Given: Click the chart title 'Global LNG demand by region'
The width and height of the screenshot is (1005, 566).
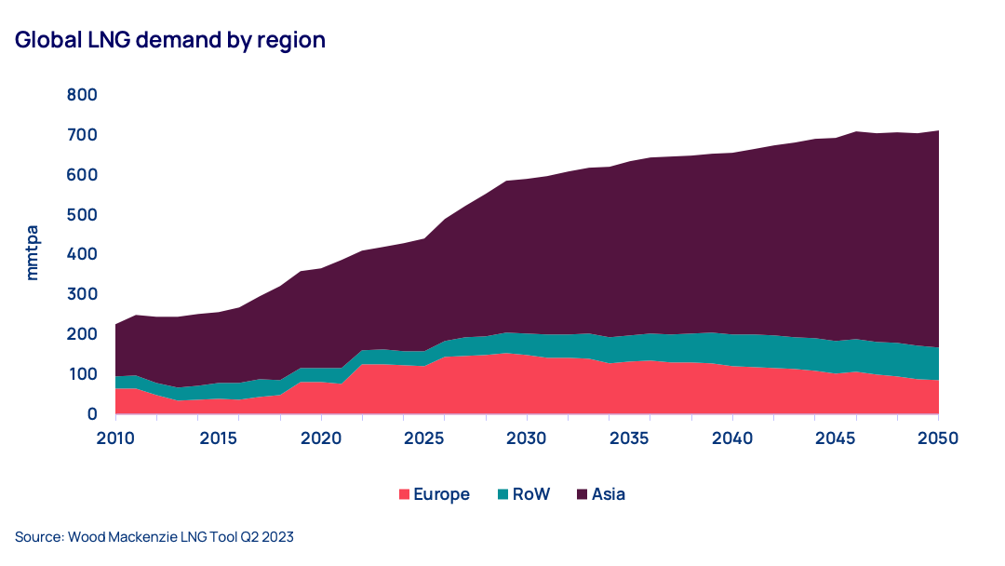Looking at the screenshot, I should (169, 40).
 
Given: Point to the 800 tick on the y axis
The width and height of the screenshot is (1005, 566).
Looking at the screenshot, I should (83, 95).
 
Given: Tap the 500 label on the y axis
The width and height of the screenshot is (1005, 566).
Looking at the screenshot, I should (83, 215).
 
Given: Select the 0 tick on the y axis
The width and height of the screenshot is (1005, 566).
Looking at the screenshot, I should (93, 414).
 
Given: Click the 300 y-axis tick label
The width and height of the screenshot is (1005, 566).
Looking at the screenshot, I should (83, 294).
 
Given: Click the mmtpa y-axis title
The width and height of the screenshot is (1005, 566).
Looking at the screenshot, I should (33, 254).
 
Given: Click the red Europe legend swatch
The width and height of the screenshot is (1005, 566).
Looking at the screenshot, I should (405, 494).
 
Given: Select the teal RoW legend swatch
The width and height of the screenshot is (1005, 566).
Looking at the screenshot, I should (503, 494).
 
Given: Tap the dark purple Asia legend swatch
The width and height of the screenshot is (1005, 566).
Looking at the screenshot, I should (582, 494).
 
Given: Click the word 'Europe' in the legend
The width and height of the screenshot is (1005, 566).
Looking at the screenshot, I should (442, 494).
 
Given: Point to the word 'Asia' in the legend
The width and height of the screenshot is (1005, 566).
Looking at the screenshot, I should (609, 494).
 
